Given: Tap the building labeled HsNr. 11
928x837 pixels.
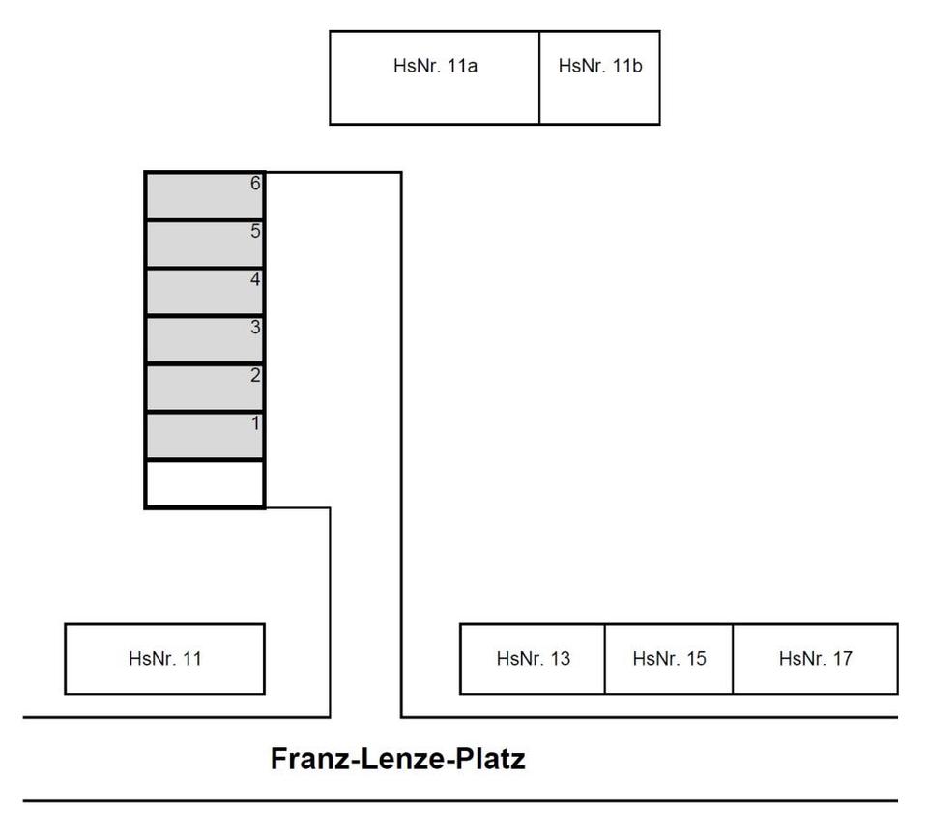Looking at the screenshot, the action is pos(164,659).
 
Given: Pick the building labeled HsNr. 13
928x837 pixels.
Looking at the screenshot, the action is pos(533,659).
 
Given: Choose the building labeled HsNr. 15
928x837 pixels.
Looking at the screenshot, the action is pos(669,659).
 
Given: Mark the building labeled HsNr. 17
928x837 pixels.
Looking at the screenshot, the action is pos(815,659).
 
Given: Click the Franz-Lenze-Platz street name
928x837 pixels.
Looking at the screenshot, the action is pos(397,759).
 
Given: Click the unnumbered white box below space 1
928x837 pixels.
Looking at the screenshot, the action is pos(204,484).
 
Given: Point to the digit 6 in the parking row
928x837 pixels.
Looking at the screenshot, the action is pos(255,183).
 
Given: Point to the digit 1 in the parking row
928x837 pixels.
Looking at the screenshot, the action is pos(255,423).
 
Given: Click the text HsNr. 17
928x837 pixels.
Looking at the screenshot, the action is pos(815,659).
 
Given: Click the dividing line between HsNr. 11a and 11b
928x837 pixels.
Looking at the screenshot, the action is pos(539,77).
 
